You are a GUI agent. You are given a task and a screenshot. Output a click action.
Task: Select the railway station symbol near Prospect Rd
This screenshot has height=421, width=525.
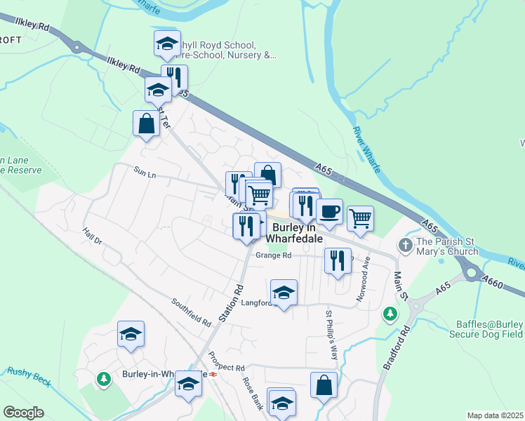[213, 374]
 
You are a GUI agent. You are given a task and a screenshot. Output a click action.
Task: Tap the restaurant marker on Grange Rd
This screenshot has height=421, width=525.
[338, 261]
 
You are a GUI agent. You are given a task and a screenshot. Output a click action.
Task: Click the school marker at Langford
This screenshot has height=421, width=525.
[284, 293]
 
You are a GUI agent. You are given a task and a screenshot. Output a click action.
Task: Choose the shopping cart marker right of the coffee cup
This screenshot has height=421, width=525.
[360, 218]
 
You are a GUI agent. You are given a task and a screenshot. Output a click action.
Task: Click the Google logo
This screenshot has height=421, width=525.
[23, 413]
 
